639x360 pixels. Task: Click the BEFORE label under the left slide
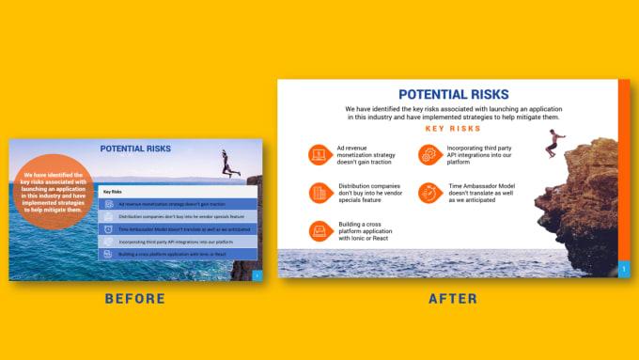(134, 299)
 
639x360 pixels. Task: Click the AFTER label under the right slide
(452, 299)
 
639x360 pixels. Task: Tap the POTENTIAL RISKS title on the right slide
(453, 94)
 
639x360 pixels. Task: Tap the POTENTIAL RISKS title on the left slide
(135, 149)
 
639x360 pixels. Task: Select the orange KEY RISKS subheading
(453, 129)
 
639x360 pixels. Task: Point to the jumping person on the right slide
(554, 145)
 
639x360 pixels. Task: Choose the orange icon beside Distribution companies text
(319, 193)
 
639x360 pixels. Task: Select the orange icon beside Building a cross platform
(319, 231)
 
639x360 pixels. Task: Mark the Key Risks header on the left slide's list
(114, 192)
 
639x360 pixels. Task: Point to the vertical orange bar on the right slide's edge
(624, 169)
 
